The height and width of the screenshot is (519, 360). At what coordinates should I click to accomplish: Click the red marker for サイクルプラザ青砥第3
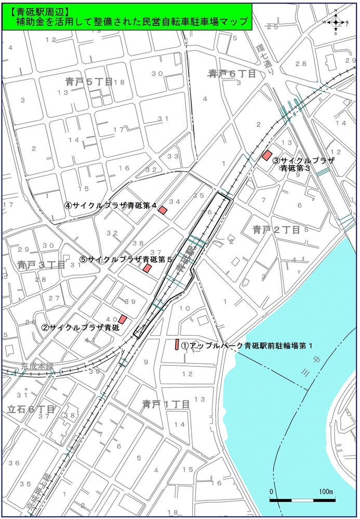[x=267, y=155]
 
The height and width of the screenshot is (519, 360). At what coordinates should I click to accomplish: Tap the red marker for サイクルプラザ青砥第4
[x=163, y=210]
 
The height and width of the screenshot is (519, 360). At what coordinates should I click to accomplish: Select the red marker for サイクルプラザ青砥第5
[x=148, y=268]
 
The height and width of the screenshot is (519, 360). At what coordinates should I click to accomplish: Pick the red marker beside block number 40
[x=123, y=319]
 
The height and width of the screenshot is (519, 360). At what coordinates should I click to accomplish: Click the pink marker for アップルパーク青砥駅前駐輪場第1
[x=177, y=344]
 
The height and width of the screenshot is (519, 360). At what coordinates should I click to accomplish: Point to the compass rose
[x=337, y=22]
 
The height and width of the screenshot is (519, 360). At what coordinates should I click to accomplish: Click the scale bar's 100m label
[x=326, y=491]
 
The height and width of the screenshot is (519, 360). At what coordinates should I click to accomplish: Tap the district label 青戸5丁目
[x=89, y=81]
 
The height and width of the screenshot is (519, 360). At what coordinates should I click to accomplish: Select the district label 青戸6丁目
[x=232, y=73]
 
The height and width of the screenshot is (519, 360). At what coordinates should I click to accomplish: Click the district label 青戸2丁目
[x=276, y=229]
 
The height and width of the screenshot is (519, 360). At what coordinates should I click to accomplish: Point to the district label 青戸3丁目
[x=41, y=265]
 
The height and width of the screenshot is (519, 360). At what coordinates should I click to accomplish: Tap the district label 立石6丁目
[x=31, y=409]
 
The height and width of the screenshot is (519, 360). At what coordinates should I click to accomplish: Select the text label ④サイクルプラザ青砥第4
[x=111, y=205]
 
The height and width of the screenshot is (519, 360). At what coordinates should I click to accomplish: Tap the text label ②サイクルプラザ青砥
[x=81, y=327]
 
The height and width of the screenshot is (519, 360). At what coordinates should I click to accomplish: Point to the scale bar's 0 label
[x=271, y=491]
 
